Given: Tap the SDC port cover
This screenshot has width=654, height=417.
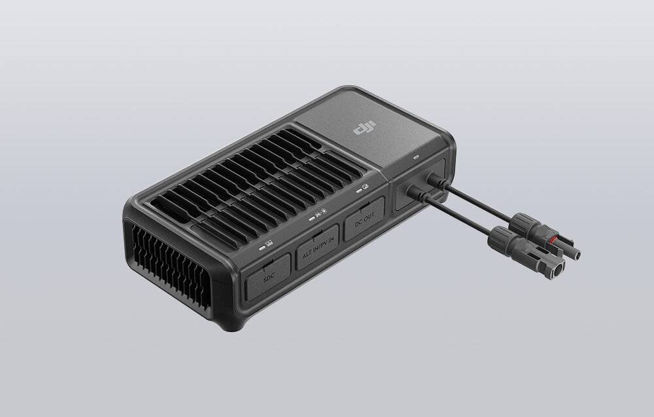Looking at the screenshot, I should [268, 279].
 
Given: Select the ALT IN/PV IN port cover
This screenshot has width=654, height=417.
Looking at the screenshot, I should [318, 248].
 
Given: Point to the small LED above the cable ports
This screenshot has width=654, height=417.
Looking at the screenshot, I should [417, 157].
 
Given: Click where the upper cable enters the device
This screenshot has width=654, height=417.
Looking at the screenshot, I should [432, 178].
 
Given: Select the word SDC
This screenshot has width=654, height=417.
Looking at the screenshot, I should [269, 280].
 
